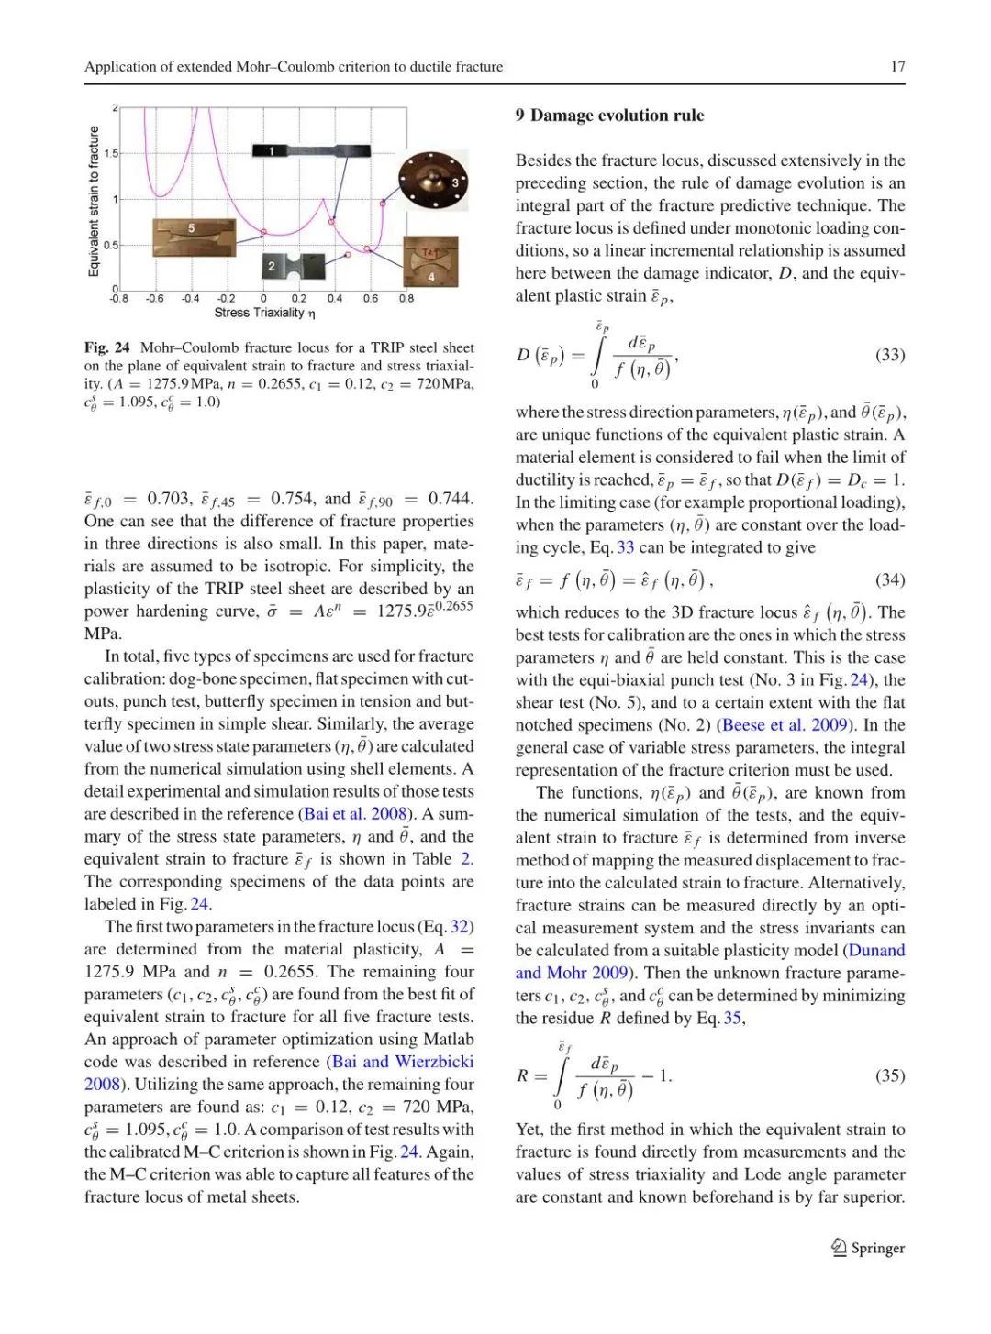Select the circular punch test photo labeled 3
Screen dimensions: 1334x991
pyautogui.click(x=432, y=182)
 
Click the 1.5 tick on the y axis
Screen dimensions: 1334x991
pyautogui.click(x=110, y=154)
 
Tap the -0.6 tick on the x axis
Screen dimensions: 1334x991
pyautogui.click(x=154, y=298)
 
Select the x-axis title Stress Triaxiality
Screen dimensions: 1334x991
pyautogui.click(x=264, y=313)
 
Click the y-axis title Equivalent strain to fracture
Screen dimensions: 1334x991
pyautogui.click(x=94, y=202)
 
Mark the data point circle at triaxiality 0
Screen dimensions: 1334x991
pyautogui.click(x=264, y=232)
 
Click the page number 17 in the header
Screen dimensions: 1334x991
pyautogui.click(x=896, y=66)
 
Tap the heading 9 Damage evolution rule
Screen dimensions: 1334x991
pyautogui.click(x=609, y=116)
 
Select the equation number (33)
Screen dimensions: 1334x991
pyautogui.click(x=889, y=355)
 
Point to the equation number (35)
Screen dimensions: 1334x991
pyautogui.click(x=889, y=1075)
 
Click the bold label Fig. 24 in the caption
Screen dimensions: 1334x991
pyautogui.click(x=107, y=347)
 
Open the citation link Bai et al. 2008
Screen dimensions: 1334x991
pyautogui.click(x=355, y=814)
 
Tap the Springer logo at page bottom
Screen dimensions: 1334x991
pyautogui.click(x=867, y=1248)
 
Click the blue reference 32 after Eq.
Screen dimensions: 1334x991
pyautogui.click(x=460, y=927)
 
